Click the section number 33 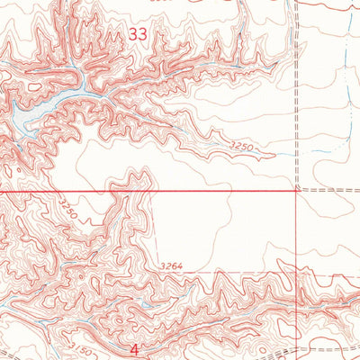pyautogui.click(x=138, y=35)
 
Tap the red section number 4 pyautogui.click(x=134, y=347)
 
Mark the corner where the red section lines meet pyautogui.click(x=298, y=191)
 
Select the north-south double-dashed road pyautogui.click(x=295, y=90)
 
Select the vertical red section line pyautogui.click(x=298, y=243)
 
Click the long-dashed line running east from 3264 pyautogui.click(x=234, y=271)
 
